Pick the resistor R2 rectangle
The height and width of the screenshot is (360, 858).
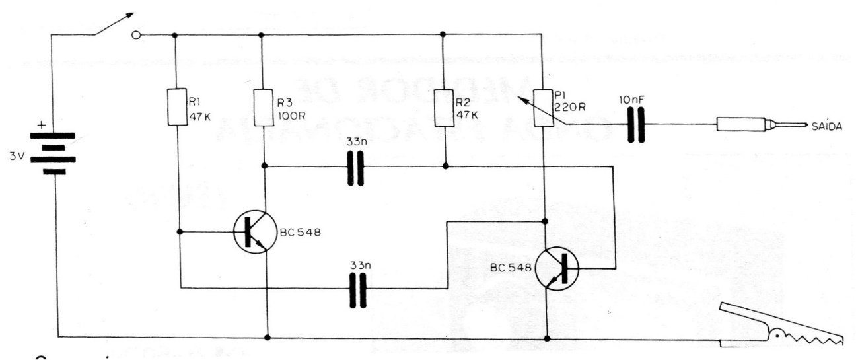(445, 108)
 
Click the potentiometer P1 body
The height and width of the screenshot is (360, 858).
(546, 108)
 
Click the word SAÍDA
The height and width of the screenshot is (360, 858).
(828, 126)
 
